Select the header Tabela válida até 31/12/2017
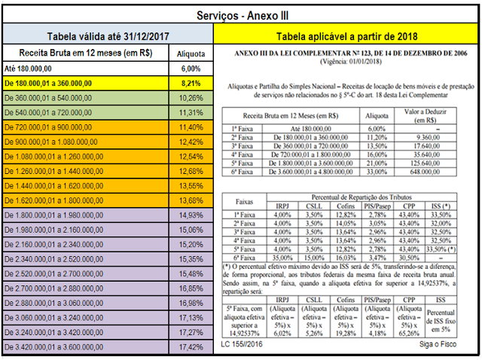coord(108,35)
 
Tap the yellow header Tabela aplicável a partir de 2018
coord(346,35)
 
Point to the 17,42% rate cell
coord(192,346)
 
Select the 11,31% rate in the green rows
coord(192,112)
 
